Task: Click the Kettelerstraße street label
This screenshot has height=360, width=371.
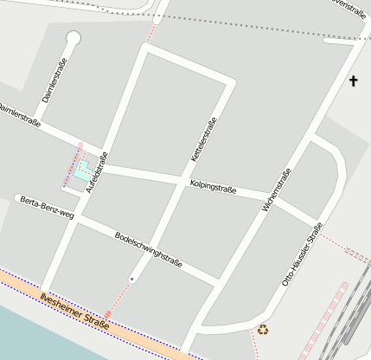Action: tap(203, 142)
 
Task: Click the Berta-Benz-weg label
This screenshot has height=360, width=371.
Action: tap(46, 209)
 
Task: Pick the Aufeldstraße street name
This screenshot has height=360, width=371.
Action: tap(97, 171)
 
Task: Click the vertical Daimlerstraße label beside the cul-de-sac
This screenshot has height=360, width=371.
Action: tap(54, 87)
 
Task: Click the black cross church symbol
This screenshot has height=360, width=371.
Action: tap(353, 81)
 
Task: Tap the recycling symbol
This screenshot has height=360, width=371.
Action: tap(263, 329)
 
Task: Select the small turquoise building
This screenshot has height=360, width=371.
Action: tap(82, 170)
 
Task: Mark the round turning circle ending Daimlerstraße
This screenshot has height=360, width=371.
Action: tap(74, 38)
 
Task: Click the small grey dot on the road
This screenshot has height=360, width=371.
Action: tap(131, 279)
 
